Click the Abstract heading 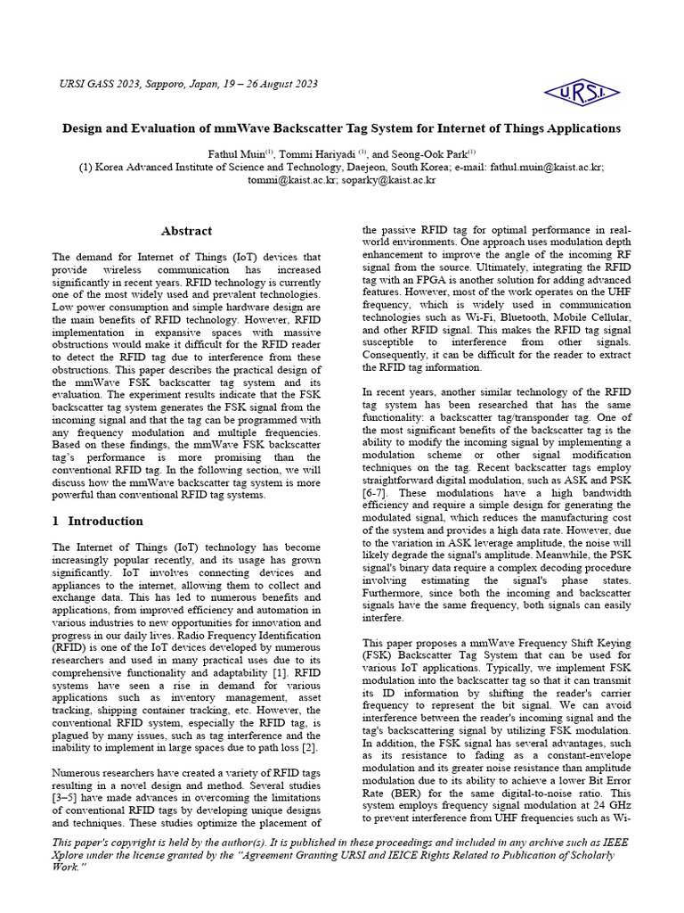pos(186,230)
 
